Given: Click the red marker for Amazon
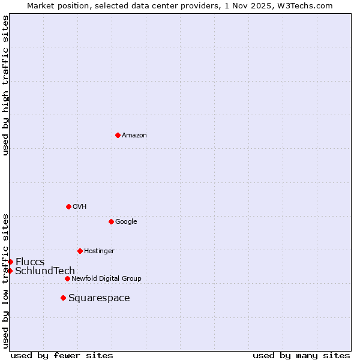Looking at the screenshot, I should click(118, 135).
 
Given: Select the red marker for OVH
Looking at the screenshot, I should click(68, 206).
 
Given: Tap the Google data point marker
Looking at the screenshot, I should click(111, 221).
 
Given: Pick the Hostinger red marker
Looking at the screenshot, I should click(80, 251).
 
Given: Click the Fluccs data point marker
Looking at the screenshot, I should click(10, 262).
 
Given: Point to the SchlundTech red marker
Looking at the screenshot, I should click(10, 271).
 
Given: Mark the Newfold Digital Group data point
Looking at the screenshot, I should click(67, 278).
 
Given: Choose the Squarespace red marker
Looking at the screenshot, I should click(63, 298).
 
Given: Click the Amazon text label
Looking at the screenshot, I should click(134, 136).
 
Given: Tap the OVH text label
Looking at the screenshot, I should click(80, 207).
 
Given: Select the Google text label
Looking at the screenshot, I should click(126, 222).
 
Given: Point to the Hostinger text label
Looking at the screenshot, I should click(99, 251).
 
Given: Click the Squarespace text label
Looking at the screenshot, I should click(99, 298).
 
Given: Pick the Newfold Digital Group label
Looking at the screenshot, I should click(106, 279).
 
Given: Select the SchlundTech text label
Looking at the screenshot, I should click(45, 271).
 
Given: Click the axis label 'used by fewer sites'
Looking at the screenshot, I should click(62, 356).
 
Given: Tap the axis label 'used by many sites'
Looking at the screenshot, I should click(301, 356).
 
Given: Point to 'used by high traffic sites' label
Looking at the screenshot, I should click(5, 85).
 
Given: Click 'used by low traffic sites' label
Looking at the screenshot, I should click(5, 280).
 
